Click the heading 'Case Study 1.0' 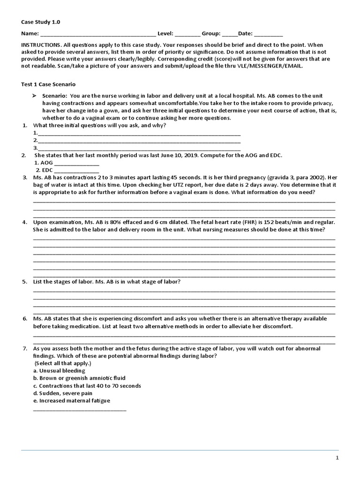41,22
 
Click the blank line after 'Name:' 98,34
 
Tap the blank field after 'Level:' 187,34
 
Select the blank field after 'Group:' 230,34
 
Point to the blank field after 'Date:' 269,34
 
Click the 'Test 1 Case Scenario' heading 49,83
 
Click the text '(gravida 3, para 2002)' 296,178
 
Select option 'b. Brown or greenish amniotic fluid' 79,378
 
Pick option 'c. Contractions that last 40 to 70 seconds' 87,386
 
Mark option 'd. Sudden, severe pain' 62,393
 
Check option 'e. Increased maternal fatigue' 72,401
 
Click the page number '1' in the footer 337,458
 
